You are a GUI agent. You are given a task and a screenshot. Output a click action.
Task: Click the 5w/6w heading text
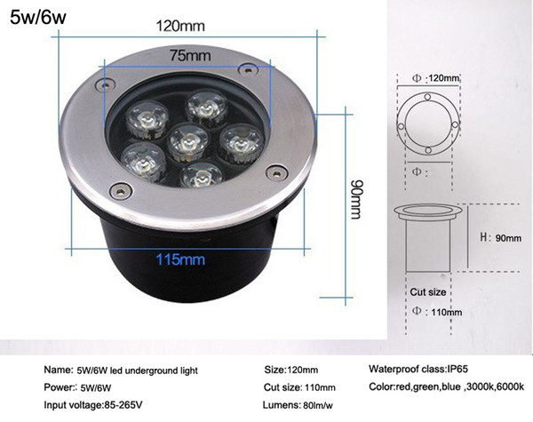click(x=37, y=17)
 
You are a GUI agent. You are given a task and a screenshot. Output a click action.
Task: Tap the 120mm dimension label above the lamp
click(x=180, y=26)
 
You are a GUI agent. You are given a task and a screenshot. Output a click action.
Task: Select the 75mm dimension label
click(x=190, y=55)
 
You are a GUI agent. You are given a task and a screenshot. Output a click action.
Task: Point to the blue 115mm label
click(x=180, y=259)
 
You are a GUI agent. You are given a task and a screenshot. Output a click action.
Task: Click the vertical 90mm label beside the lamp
click(x=357, y=199)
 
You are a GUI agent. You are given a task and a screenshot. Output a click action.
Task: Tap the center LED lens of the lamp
click(x=188, y=141)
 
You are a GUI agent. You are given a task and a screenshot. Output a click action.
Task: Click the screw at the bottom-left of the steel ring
click(x=120, y=191)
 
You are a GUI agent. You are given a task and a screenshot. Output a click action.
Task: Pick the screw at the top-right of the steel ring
click(x=249, y=70)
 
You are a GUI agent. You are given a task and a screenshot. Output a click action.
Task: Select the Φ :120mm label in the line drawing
click(x=436, y=78)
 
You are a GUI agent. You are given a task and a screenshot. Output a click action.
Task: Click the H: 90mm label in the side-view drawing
click(x=500, y=237)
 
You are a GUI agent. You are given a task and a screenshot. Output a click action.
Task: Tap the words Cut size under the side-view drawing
click(x=427, y=292)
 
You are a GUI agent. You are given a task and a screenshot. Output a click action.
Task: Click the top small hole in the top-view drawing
click(x=427, y=97)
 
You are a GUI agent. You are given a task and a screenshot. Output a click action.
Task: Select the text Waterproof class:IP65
click(x=418, y=369)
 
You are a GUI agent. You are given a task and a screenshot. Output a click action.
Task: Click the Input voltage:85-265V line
click(x=93, y=405)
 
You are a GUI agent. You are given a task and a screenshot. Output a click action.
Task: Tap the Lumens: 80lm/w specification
click(x=298, y=405)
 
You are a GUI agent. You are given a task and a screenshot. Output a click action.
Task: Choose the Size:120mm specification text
click(x=291, y=370)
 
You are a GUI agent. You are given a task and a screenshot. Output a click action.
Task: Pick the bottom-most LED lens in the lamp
click(x=201, y=175)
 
